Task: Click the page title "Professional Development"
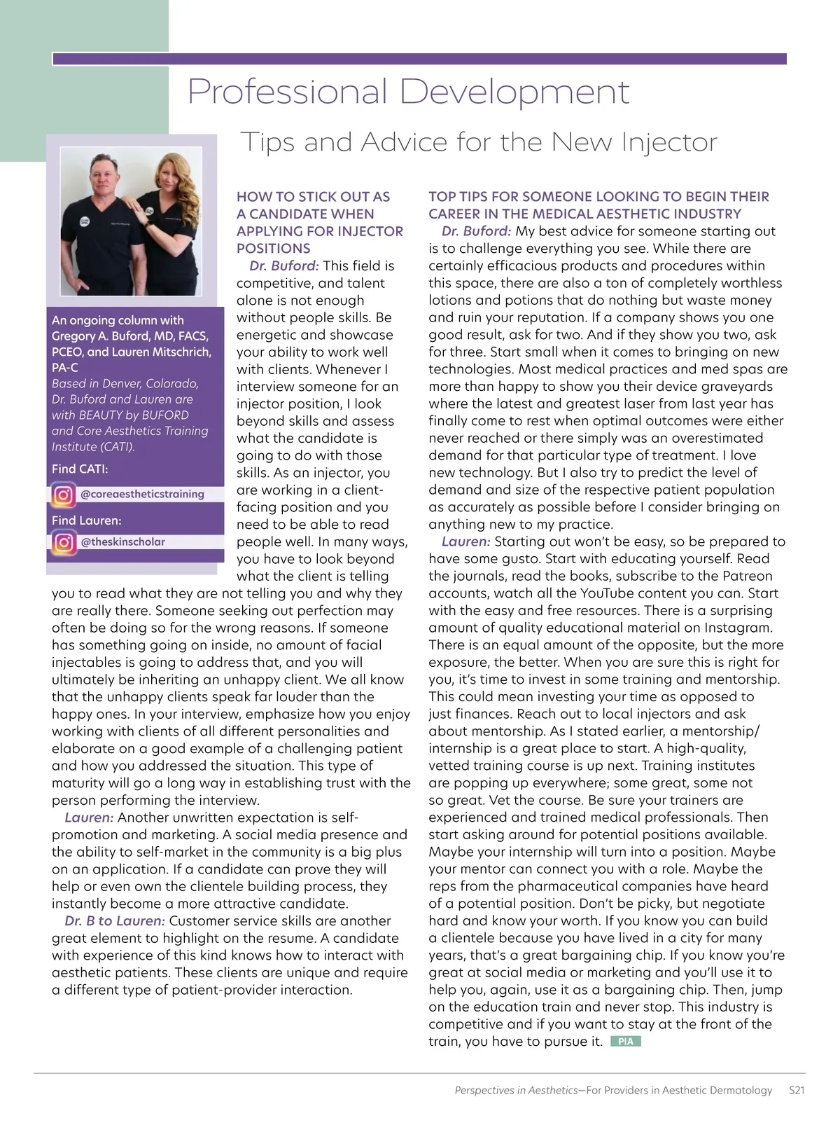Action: tap(409, 92)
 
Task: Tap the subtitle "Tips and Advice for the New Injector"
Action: tap(479, 142)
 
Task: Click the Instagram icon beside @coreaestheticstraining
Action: tap(63, 495)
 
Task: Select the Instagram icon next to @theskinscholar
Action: tap(63, 542)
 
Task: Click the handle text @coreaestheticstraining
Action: tap(142, 494)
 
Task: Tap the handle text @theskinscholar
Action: tap(123, 541)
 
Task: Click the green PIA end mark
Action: tap(626, 1042)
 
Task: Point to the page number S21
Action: tap(796, 1090)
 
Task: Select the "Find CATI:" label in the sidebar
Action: tap(80, 469)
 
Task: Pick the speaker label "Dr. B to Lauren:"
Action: tap(115, 921)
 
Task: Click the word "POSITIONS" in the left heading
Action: tap(273, 249)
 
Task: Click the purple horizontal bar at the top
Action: tap(419, 60)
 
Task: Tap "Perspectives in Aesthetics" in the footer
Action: tap(516, 1090)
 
